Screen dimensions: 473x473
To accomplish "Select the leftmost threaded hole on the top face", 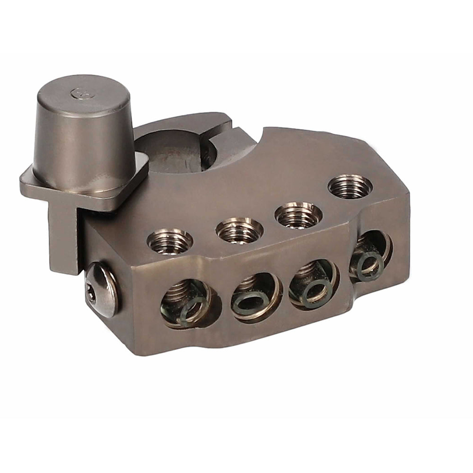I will point(170,240).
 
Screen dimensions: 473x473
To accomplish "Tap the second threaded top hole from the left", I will point(239,229).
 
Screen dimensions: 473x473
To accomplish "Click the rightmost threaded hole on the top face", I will point(350,186).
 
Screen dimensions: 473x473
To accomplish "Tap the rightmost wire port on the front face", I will point(371,255).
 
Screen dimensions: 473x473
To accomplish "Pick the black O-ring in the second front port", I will point(249,302).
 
